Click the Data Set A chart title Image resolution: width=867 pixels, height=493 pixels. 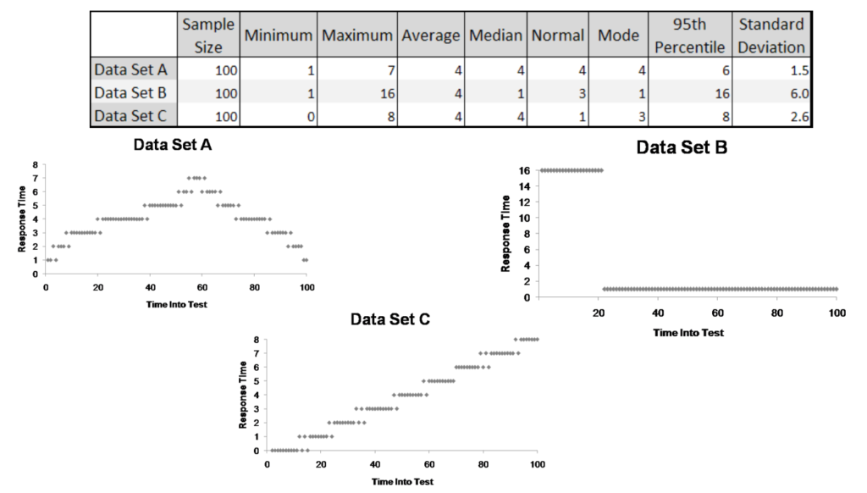click(173, 146)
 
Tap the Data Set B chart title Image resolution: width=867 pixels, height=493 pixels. click(683, 148)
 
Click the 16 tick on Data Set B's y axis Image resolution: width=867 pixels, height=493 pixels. click(525, 170)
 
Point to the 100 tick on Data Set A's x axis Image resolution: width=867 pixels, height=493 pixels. click(306, 288)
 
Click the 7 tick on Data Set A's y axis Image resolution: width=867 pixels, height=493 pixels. click(35, 179)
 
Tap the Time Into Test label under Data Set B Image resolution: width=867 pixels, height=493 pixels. click(688, 333)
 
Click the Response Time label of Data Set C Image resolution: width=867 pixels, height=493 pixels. click(244, 395)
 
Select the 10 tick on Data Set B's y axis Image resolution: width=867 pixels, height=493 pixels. click(525, 218)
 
